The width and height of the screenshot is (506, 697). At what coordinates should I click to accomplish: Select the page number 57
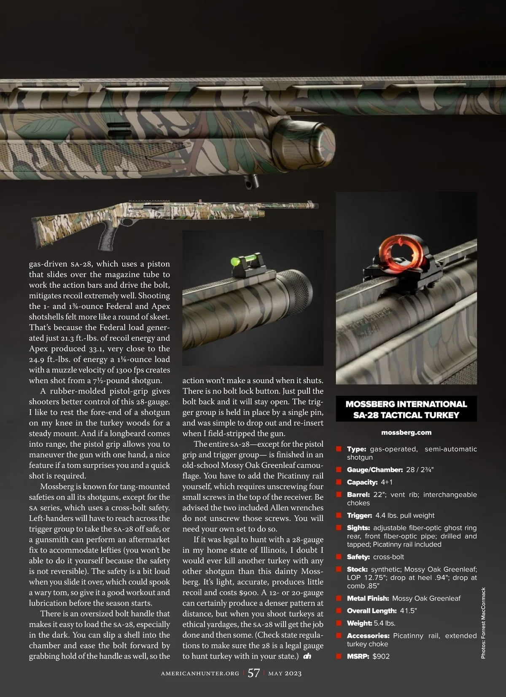253,673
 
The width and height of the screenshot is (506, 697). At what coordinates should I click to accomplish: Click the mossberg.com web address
406,432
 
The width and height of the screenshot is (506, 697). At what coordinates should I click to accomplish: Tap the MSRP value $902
381,656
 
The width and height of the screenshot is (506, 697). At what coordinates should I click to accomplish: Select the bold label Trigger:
359,515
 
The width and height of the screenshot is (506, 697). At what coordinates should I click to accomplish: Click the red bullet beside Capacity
339,482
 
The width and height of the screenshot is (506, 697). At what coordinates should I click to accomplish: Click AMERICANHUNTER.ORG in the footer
200,673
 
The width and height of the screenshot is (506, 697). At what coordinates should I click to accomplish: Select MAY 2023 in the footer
285,673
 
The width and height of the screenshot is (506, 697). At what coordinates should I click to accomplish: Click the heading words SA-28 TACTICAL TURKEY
406,415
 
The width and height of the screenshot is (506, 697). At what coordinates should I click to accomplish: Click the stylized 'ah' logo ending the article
307,656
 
